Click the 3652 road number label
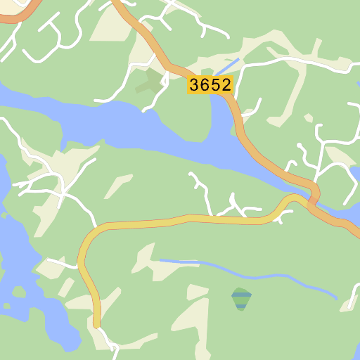[210, 85]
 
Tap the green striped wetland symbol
[241, 298]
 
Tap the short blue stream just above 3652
[226, 68]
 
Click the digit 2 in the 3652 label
[224, 85]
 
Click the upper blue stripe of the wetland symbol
[241, 295]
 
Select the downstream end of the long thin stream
[335, 298]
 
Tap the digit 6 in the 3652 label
[205, 85]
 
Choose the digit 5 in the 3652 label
[215, 85]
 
